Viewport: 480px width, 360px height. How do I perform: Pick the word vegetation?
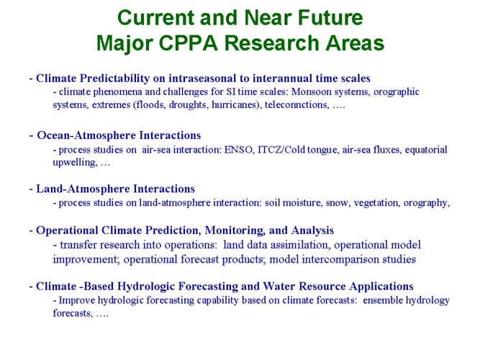(376, 203)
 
